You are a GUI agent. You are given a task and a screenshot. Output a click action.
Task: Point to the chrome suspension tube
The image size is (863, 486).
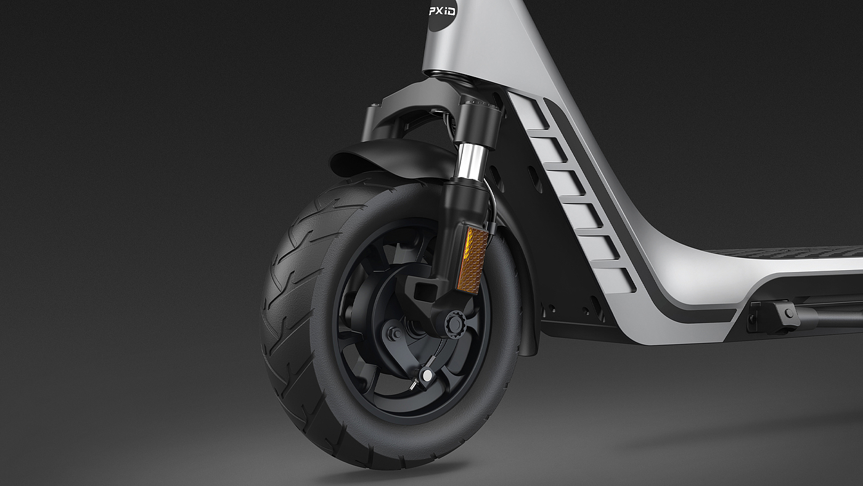tap(470, 162)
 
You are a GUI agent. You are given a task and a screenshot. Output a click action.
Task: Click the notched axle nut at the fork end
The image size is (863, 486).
tap(452, 324)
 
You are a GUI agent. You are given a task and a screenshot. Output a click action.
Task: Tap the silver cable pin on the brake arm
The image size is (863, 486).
tap(427, 374)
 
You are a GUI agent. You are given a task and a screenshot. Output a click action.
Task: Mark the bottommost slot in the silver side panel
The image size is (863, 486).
tap(616, 280)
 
